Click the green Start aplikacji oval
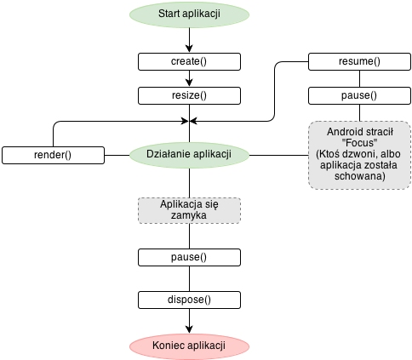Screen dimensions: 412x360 (x=189, y=14)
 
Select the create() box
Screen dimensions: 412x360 (x=189, y=61)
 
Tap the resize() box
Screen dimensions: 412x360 (x=189, y=95)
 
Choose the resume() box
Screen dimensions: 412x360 (x=359, y=61)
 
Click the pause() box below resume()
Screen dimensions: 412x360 (x=359, y=95)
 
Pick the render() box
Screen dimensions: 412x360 (x=53, y=155)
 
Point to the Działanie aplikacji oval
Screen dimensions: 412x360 (x=189, y=155)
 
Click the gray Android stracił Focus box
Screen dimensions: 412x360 (x=359, y=155)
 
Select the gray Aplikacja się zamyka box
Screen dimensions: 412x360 (x=189, y=210)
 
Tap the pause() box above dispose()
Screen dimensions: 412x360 (x=189, y=257)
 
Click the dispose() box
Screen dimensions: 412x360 (x=189, y=300)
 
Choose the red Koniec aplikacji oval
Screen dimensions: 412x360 (x=189, y=346)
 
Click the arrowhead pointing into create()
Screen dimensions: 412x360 (x=189, y=49)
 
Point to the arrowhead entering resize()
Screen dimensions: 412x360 (x=189, y=83)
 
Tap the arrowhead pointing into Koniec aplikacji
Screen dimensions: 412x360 (x=189, y=329)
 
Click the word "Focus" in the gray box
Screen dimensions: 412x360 (x=359, y=143)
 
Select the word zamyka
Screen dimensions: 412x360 (x=189, y=215)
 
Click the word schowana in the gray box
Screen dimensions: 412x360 (x=359, y=176)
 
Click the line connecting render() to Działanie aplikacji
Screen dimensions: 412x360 (x=117, y=155)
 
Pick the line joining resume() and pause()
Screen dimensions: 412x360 (x=359, y=78)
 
